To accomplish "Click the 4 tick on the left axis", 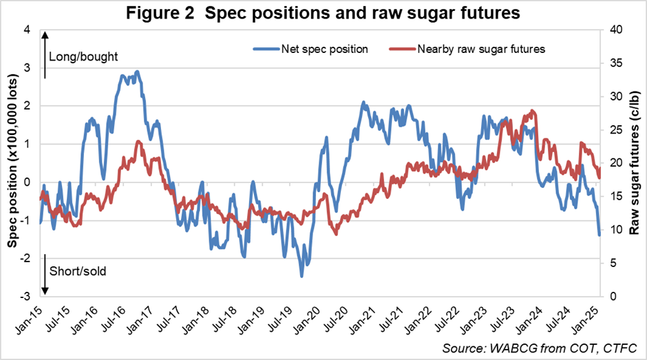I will [x=27, y=30].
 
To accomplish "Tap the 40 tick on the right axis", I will [x=614, y=30].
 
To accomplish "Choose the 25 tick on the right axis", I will [x=614, y=130].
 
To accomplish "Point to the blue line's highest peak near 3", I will [x=138, y=72].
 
